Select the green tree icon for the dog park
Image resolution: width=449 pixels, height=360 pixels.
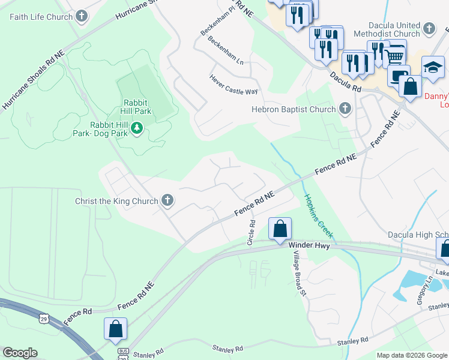coord(137,128)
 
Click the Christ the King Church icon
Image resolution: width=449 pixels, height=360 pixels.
coord(167,201)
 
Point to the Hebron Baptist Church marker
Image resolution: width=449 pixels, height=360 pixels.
coord(345,109)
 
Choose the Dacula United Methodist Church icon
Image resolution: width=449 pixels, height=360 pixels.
coord(429,29)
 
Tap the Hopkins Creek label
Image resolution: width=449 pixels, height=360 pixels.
coord(318,216)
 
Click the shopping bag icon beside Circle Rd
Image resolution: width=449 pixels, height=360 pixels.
coord(280,229)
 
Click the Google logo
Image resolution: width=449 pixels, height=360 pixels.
coord(20,353)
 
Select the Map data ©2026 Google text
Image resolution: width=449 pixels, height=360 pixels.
coord(411,355)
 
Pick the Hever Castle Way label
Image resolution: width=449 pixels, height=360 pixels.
coord(234,85)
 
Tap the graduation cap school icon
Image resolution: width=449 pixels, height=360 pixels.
coord(432,67)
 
